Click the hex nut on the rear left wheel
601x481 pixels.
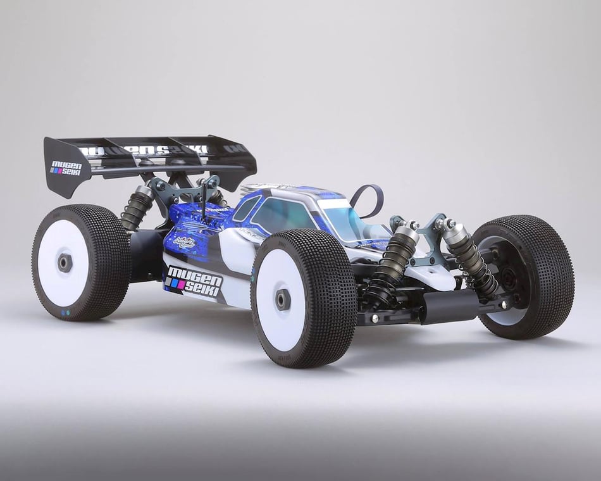(65, 262)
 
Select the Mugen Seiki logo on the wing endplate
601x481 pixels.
(66, 168)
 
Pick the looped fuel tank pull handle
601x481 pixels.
(368, 198)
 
